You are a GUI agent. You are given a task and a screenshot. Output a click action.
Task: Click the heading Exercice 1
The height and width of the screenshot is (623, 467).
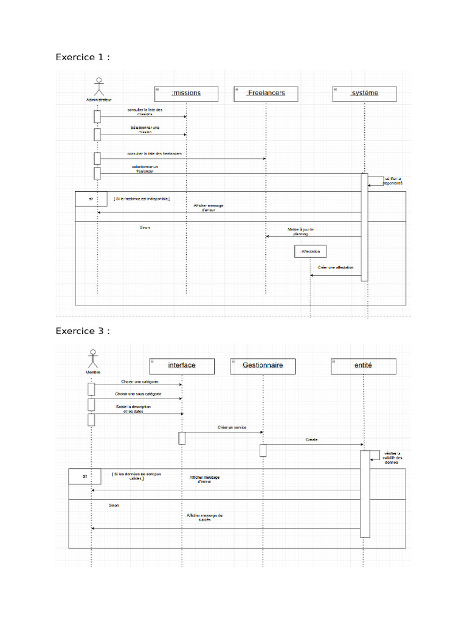coord(83,57)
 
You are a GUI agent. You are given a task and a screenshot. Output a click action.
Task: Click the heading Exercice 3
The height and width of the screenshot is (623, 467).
coord(83,331)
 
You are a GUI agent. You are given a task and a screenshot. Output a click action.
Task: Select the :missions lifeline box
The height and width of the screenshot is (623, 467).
coord(186,93)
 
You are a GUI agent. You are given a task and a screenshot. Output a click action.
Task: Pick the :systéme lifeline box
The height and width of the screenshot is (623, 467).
coord(364,93)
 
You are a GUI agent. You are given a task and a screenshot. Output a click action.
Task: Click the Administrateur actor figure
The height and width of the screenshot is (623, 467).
coord(98,87)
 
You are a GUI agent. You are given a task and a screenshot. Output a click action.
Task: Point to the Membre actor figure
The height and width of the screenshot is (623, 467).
coord(92,359)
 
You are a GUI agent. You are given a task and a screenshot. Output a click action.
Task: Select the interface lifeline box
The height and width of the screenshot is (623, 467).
coord(182,366)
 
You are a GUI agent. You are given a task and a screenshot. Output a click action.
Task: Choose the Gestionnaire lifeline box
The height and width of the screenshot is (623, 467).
coord(263,366)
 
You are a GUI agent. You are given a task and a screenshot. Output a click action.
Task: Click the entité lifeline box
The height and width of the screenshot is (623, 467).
coord(363,366)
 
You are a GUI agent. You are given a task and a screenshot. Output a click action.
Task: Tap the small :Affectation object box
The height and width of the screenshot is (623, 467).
coord(310,251)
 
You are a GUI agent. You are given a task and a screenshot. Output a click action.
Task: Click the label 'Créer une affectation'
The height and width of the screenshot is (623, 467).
coord(335,268)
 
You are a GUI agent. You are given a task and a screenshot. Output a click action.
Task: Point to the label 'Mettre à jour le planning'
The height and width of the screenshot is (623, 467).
coord(300,231)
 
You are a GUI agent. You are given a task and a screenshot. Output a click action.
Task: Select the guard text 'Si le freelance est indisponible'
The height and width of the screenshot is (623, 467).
coord(141,199)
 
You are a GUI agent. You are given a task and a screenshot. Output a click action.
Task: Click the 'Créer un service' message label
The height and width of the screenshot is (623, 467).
coord(232,428)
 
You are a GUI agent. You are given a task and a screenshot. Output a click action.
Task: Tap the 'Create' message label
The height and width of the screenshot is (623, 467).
coord(311,439)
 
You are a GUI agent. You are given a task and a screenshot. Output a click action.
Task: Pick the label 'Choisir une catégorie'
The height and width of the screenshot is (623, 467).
coord(140,381)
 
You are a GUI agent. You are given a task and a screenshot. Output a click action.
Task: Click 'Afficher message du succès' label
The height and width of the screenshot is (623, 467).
coord(205,518)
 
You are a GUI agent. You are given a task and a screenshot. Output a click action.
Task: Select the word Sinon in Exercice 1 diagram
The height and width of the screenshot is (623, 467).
coord(145,228)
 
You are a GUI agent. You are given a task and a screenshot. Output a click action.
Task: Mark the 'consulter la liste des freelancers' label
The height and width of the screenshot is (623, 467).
coord(154,154)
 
